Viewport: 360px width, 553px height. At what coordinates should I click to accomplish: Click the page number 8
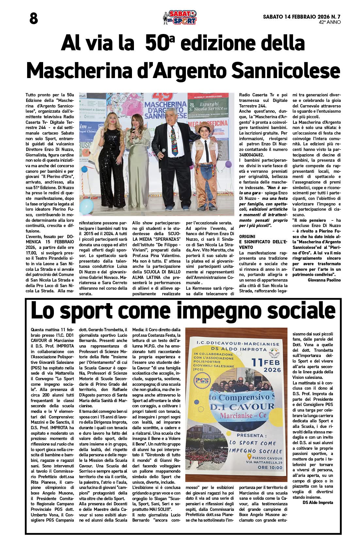pyautogui.click(x=33, y=19)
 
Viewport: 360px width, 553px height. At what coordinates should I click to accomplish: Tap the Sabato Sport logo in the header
pyautogui.click(x=180, y=18)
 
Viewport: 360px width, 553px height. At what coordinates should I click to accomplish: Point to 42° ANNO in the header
pyautogui.click(x=330, y=23)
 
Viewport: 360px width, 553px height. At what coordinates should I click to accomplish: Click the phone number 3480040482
pyautogui.click(x=252, y=155)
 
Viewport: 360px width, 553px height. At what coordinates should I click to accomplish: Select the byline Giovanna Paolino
pyautogui.click(x=324, y=280)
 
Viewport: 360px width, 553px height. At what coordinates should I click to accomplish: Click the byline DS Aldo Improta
pyautogui.click(x=318, y=502)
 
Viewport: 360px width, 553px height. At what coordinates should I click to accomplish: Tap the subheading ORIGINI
pyautogui.click(x=247, y=236)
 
